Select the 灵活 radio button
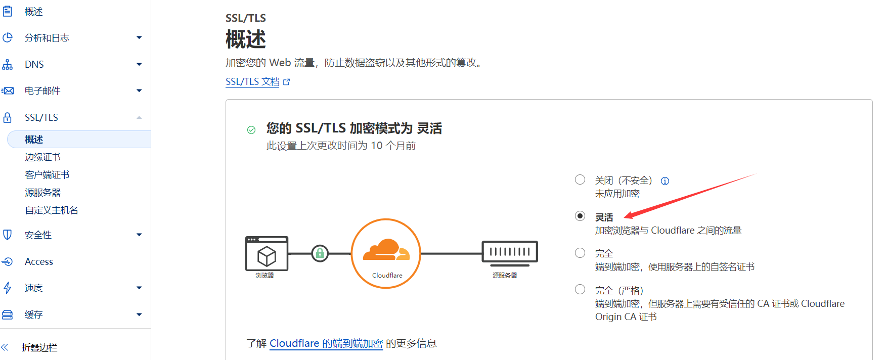point(580,216)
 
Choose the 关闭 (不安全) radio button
point(580,179)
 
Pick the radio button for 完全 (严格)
point(580,289)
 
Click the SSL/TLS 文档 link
point(252,81)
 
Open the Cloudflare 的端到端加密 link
point(326,343)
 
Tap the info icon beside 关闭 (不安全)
point(665,181)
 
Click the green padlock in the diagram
point(320,253)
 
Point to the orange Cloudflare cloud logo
point(386,250)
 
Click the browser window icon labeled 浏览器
point(267,254)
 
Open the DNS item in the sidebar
point(34,64)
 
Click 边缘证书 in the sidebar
point(42,157)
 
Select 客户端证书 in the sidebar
point(47,175)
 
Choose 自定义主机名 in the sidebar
point(52,210)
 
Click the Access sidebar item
point(39,261)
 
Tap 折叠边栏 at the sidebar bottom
point(39,347)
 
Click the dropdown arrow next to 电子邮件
point(139,91)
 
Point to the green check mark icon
point(251,130)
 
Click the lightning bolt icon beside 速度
point(8,288)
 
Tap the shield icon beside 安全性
point(8,235)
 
